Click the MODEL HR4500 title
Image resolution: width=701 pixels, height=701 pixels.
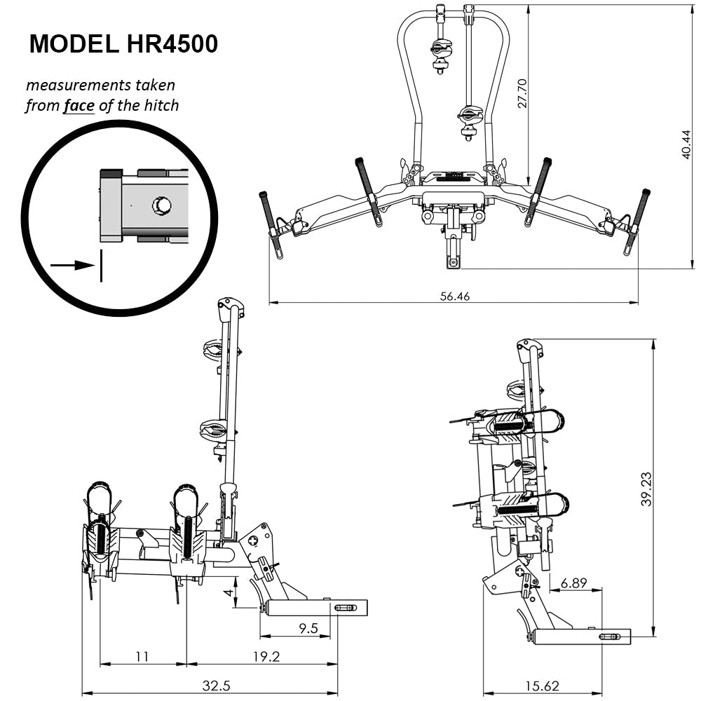click(123, 43)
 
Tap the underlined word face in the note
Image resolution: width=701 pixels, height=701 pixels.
click(79, 106)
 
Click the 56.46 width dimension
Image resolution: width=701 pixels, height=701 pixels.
click(454, 296)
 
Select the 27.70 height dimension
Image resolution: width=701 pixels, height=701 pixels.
click(522, 91)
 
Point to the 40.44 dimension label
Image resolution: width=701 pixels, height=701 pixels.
click(687, 144)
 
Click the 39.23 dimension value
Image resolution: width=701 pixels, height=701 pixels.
click(646, 489)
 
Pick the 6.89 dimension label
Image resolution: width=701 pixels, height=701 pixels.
click(574, 583)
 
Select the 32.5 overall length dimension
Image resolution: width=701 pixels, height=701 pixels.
click(216, 686)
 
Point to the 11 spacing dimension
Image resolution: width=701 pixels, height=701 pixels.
click(142, 657)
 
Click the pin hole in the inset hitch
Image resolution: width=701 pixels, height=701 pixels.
click(162, 205)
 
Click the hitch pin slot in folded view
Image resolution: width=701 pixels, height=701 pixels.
click(609, 637)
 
